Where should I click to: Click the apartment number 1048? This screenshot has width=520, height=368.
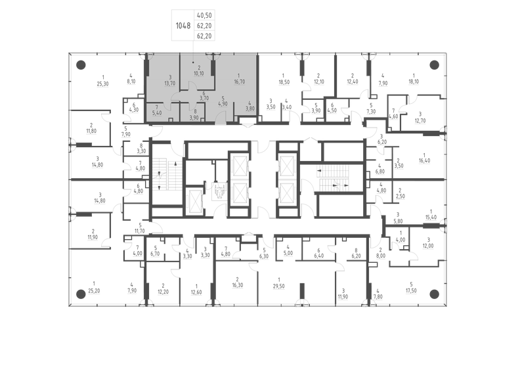point(183,26)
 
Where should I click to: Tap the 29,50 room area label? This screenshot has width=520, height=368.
point(280,286)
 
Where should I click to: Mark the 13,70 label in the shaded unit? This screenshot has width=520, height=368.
point(170,84)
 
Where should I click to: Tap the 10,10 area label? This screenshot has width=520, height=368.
point(198,74)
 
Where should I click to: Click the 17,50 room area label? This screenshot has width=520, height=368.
point(412,290)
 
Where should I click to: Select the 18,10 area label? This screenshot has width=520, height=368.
point(414,82)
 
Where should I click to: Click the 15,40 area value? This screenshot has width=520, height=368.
point(431,216)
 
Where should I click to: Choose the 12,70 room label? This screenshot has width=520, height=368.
point(421,121)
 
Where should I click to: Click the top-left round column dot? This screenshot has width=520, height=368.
point(81,64)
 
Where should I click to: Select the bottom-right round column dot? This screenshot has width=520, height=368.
point(433,294)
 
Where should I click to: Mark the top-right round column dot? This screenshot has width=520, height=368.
point(433,64)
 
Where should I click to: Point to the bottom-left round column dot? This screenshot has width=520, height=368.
point(81,294)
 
